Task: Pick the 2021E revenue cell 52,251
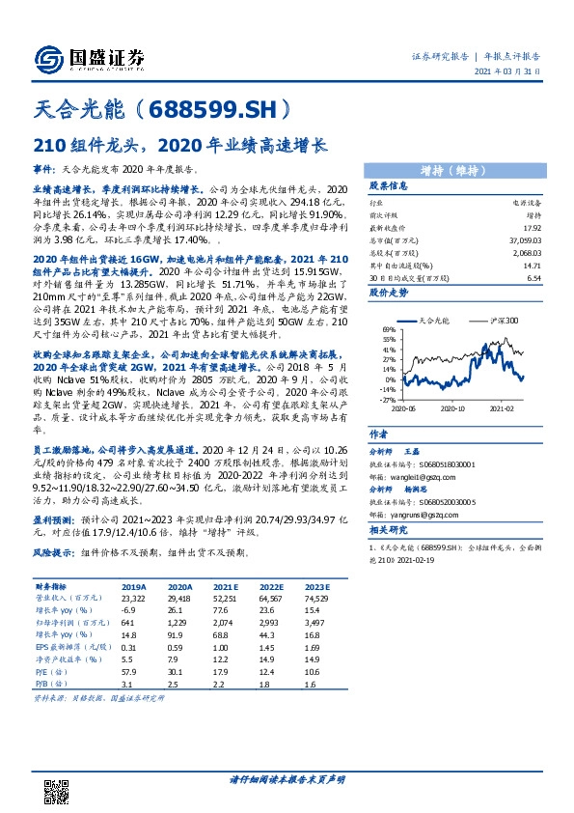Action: coord(225,598)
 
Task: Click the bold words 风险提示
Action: coord(54,553)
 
